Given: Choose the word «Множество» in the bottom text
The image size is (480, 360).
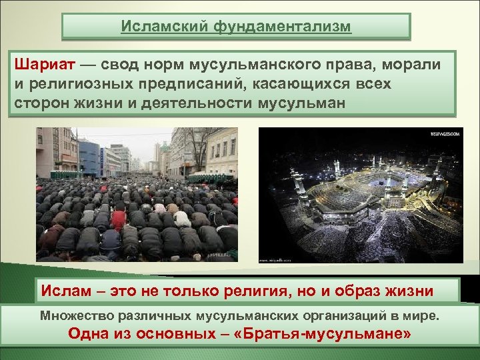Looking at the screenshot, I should [74, 314].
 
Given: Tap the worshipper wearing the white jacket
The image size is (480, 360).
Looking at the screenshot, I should [180, 217].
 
